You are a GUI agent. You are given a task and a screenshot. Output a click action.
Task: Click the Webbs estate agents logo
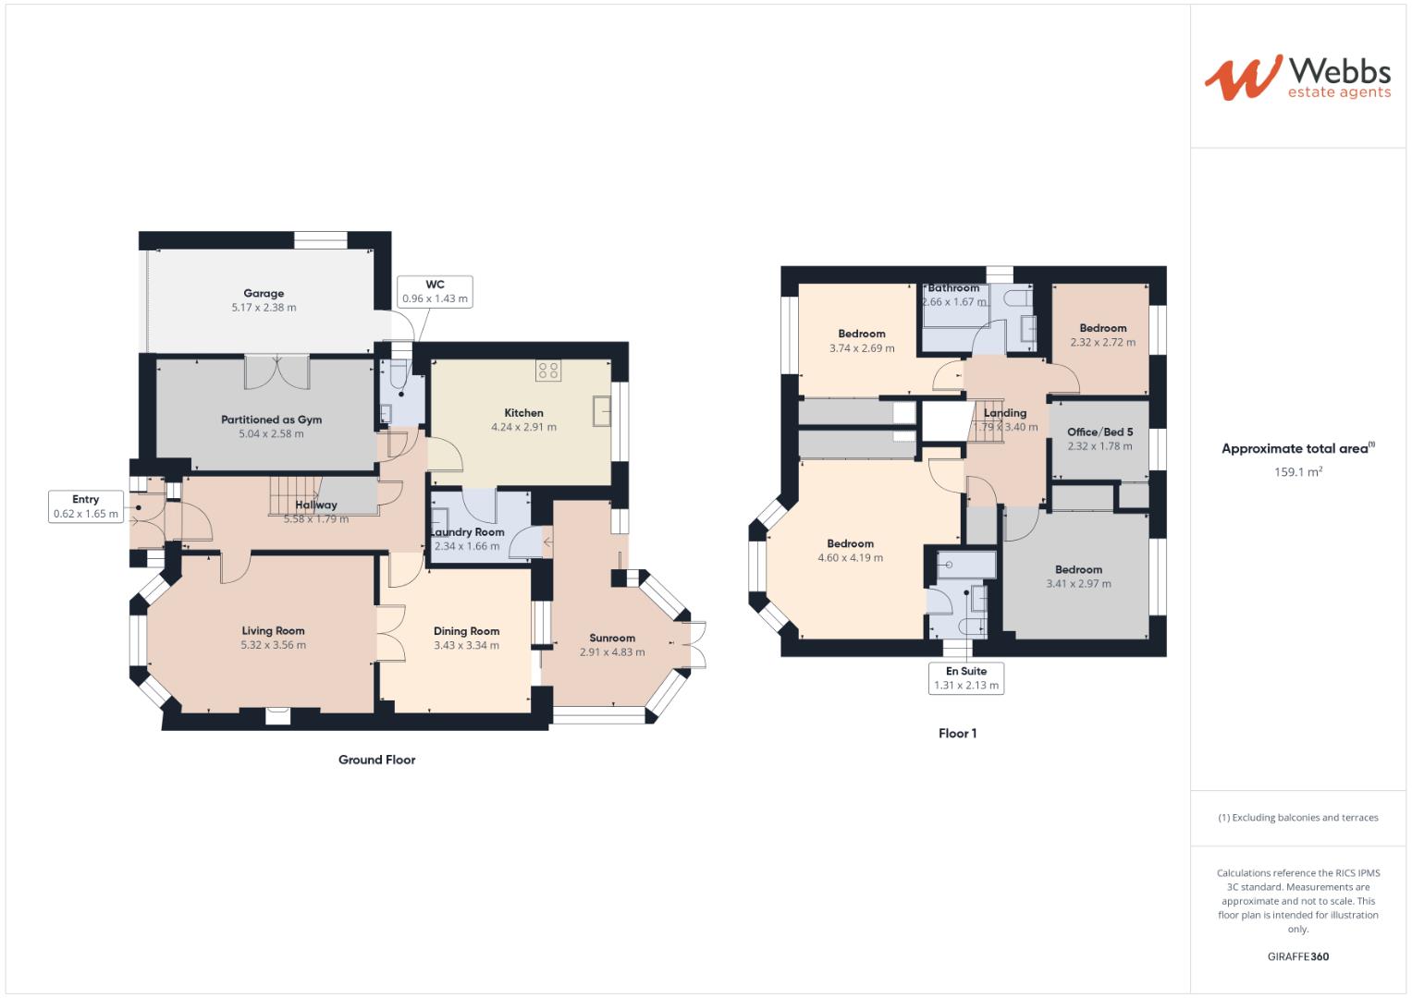tap(1296, 78)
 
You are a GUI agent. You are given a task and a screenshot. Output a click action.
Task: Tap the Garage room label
tap(264, 294)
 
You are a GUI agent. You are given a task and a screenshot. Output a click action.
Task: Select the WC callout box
tap(435, 292)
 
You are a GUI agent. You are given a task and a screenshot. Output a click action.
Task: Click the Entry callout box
tap(86, 506)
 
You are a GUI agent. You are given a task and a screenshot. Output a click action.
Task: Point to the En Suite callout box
tap(966, 678)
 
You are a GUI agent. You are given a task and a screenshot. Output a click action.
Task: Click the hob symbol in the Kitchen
tap(547, 371)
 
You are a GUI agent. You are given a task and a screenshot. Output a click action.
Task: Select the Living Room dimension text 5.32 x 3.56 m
tap(273, 645)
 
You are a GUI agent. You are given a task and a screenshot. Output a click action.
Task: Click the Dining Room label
tap(466, 631)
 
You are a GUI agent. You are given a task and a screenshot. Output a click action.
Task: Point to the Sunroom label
tap(612, 638)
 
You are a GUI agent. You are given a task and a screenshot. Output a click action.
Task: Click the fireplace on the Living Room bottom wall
tap(276, 715)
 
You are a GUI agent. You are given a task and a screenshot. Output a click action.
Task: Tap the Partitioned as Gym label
tap(271, 420)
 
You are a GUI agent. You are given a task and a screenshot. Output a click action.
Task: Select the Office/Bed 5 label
tap(1099, 432)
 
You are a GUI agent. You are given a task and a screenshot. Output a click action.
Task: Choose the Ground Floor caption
tap(376, 760)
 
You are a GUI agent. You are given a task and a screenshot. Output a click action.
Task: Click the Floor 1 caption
tap(957, 734)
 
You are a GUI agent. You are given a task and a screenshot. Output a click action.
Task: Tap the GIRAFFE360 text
tap(1297, 956)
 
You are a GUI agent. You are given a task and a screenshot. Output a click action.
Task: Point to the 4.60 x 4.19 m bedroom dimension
tap(850, 558)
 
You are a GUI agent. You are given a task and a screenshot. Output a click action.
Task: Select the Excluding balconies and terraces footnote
tap(1297, 818)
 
